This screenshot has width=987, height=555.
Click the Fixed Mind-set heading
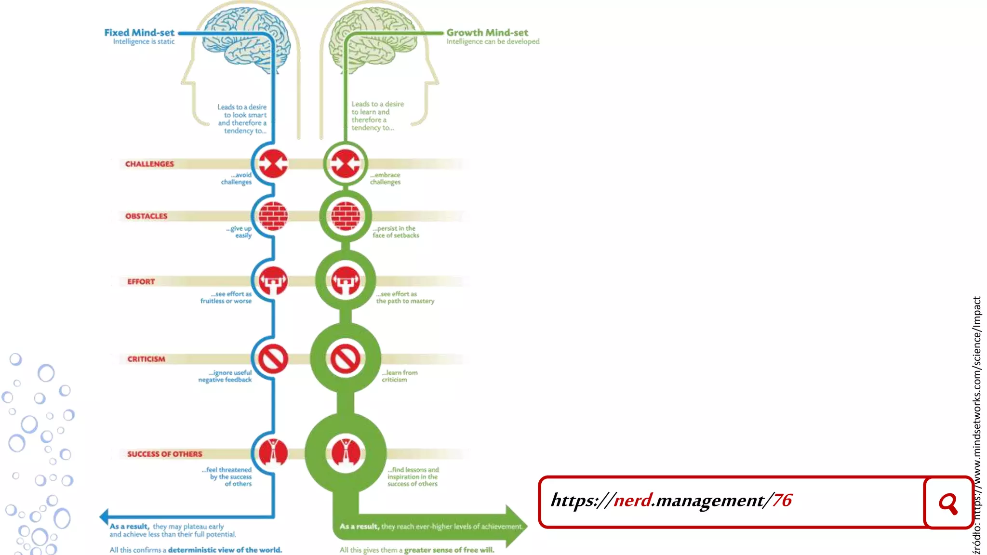pyautogui.click(x=139, y=33)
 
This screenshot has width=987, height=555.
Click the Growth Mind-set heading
pyautogui.click(x=487, y=33)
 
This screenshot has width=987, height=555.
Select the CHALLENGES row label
pyautogui.click(x=149, y=164)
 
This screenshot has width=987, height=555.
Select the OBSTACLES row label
pyautogui.click(x=146, y=216)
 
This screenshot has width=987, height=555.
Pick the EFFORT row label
pyautogui.click(x=141, y=281)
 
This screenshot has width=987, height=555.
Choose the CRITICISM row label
pyautogui.click(x=146, y=359)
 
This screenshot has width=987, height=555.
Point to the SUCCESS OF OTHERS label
pyautogui.click(x=164, y=454)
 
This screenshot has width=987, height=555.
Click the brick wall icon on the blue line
pyautogui.click(x=273, y=216)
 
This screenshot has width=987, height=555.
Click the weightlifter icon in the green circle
pyautogui.click(x=345, y=280)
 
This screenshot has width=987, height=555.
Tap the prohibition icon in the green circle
pyautogui.click(x=345, y=359)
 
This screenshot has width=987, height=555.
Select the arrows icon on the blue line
pyautogui.click(x=273, y=164)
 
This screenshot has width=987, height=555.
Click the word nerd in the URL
pyautogui.click(x=632, y=500)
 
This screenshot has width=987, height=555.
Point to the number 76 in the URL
pyautogui.click(x=782, y=500)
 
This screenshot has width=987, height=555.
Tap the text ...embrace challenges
pyautogui.click(x=385, y=178)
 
